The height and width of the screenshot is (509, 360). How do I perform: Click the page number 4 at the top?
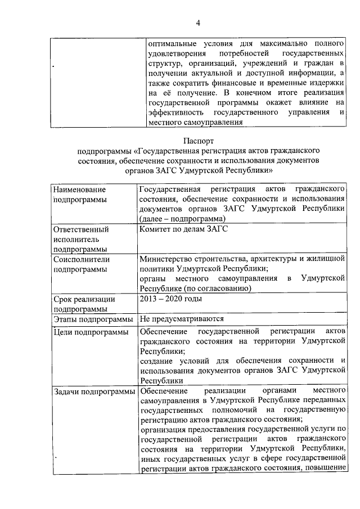click(198, 22)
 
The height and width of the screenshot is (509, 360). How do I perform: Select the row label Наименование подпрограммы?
click(79, 193)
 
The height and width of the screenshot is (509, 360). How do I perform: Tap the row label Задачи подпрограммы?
click(94, 391)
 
